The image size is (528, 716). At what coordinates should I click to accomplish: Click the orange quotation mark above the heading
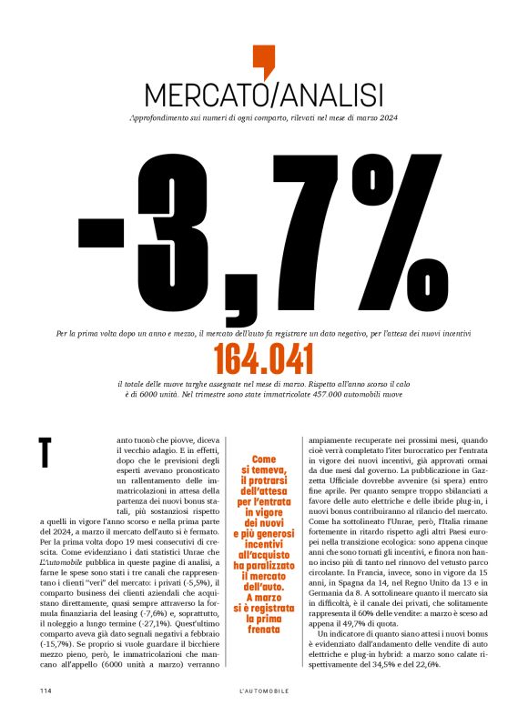[x=263, y=60]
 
